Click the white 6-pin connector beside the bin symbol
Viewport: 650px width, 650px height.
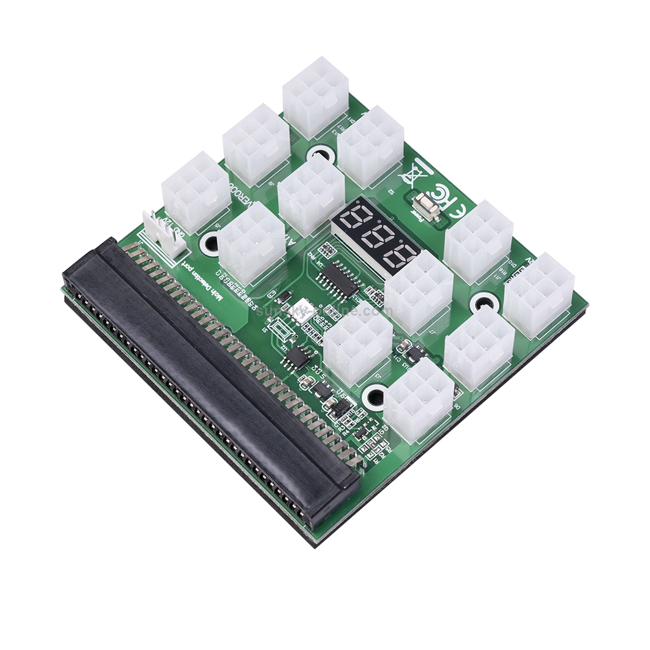[x=370, y=146]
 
